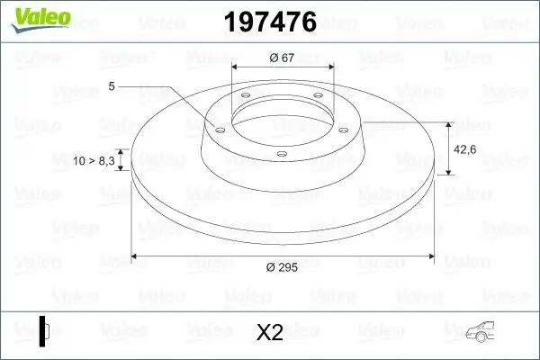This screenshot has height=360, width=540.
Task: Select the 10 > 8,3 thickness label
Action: (x=94, y=160)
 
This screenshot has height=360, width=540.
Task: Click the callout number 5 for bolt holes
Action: (x=112, y=86)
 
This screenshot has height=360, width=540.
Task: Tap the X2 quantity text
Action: (x=270, y=333)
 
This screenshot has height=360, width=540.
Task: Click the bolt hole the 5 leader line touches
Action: (x=217, y=129)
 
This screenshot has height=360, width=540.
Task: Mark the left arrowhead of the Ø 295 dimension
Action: (x=136, y=256)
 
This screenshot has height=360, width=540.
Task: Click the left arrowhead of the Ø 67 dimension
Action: (x=236, y=68)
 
